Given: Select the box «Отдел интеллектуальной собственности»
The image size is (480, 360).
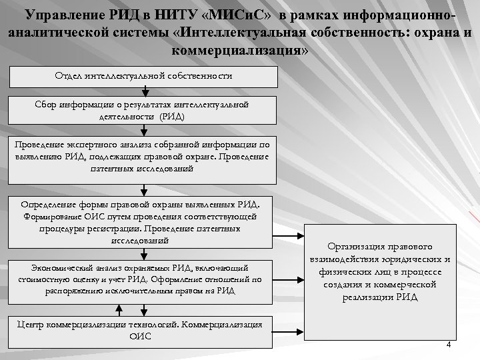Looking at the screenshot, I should (144, 77).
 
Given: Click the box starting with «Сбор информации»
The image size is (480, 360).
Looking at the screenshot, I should (144, 111).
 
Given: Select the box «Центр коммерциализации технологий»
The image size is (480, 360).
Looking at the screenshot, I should (144, 331).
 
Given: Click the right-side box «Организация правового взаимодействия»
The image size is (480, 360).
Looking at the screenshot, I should (378, 271).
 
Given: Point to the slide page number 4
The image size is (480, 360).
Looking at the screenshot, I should (448, 345).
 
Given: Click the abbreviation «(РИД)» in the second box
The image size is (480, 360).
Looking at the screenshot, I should (171, 116).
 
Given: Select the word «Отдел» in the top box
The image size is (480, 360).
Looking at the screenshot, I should (68, 77).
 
